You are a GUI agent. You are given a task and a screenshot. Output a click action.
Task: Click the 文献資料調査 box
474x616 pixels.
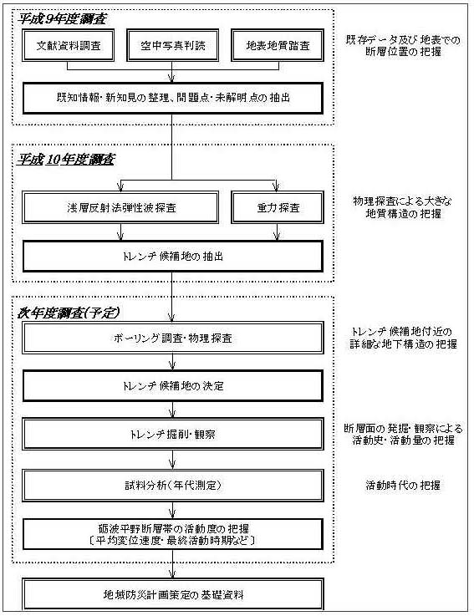[x=69, y=45]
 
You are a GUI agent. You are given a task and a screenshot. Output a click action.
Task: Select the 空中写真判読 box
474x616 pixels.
[x=172, y=45]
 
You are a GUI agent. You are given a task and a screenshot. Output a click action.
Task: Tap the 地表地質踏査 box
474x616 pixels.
[x=278, y=45]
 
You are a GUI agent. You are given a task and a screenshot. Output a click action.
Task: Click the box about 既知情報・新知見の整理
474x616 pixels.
[x=173, y=99]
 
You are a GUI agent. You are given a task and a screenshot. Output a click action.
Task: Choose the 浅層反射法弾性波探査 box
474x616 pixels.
[x=120, y=207]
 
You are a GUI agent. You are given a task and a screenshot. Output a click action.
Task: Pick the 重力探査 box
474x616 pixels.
[x=278, y=207]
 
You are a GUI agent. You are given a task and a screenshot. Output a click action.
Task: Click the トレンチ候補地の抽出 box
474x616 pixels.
[x=173, y=257]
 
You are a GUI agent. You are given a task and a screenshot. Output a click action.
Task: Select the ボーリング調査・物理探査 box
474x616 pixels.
[x=173, y=338]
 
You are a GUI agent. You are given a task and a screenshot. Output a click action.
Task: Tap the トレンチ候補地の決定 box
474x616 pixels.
[x=173, y=386]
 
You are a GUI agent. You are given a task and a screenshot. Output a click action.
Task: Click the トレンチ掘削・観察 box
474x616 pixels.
[x=173, y=434]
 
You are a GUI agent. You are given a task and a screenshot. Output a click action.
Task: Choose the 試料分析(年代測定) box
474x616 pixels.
[x=173, y=485]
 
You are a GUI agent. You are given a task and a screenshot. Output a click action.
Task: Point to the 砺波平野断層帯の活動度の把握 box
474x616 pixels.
[x=173, y=534]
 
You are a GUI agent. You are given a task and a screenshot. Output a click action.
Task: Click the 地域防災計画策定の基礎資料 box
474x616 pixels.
[x=173, y=594]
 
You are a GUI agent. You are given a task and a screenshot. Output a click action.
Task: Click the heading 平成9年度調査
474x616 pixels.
[x=62, y=19]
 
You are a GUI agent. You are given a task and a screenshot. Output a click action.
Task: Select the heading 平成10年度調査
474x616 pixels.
[x=66, y=159]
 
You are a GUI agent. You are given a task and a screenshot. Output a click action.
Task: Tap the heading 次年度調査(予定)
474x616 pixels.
[x=68, y=313]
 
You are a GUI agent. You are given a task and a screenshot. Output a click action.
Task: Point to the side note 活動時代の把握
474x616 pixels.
[x=403, y=485]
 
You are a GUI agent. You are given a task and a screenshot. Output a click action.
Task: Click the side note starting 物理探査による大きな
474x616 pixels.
[x=403, y=207]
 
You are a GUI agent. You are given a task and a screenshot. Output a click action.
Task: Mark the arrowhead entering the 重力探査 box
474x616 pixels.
[x=276, y=186]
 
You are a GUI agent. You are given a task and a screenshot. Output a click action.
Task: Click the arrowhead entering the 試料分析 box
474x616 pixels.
[x=172, y=465]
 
